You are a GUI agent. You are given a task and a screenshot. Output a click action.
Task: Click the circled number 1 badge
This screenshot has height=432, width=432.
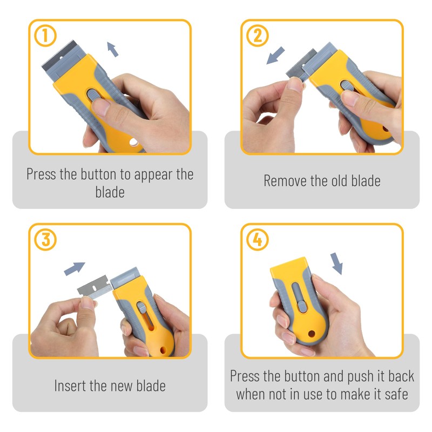coord(45,36)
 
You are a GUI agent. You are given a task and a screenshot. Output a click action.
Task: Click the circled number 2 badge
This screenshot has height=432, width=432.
coord(257,36)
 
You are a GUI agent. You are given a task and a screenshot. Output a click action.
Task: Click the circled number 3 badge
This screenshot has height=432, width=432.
coord(45,240)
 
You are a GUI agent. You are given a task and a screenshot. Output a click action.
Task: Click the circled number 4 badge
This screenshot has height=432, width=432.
coord(257,240)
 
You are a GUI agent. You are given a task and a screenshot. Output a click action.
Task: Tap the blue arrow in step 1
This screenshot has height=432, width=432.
coord(113,49)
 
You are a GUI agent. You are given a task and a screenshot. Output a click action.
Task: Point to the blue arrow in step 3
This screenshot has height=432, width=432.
coord(75,268)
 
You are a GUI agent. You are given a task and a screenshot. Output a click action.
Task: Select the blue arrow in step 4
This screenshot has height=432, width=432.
coord(337,262)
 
